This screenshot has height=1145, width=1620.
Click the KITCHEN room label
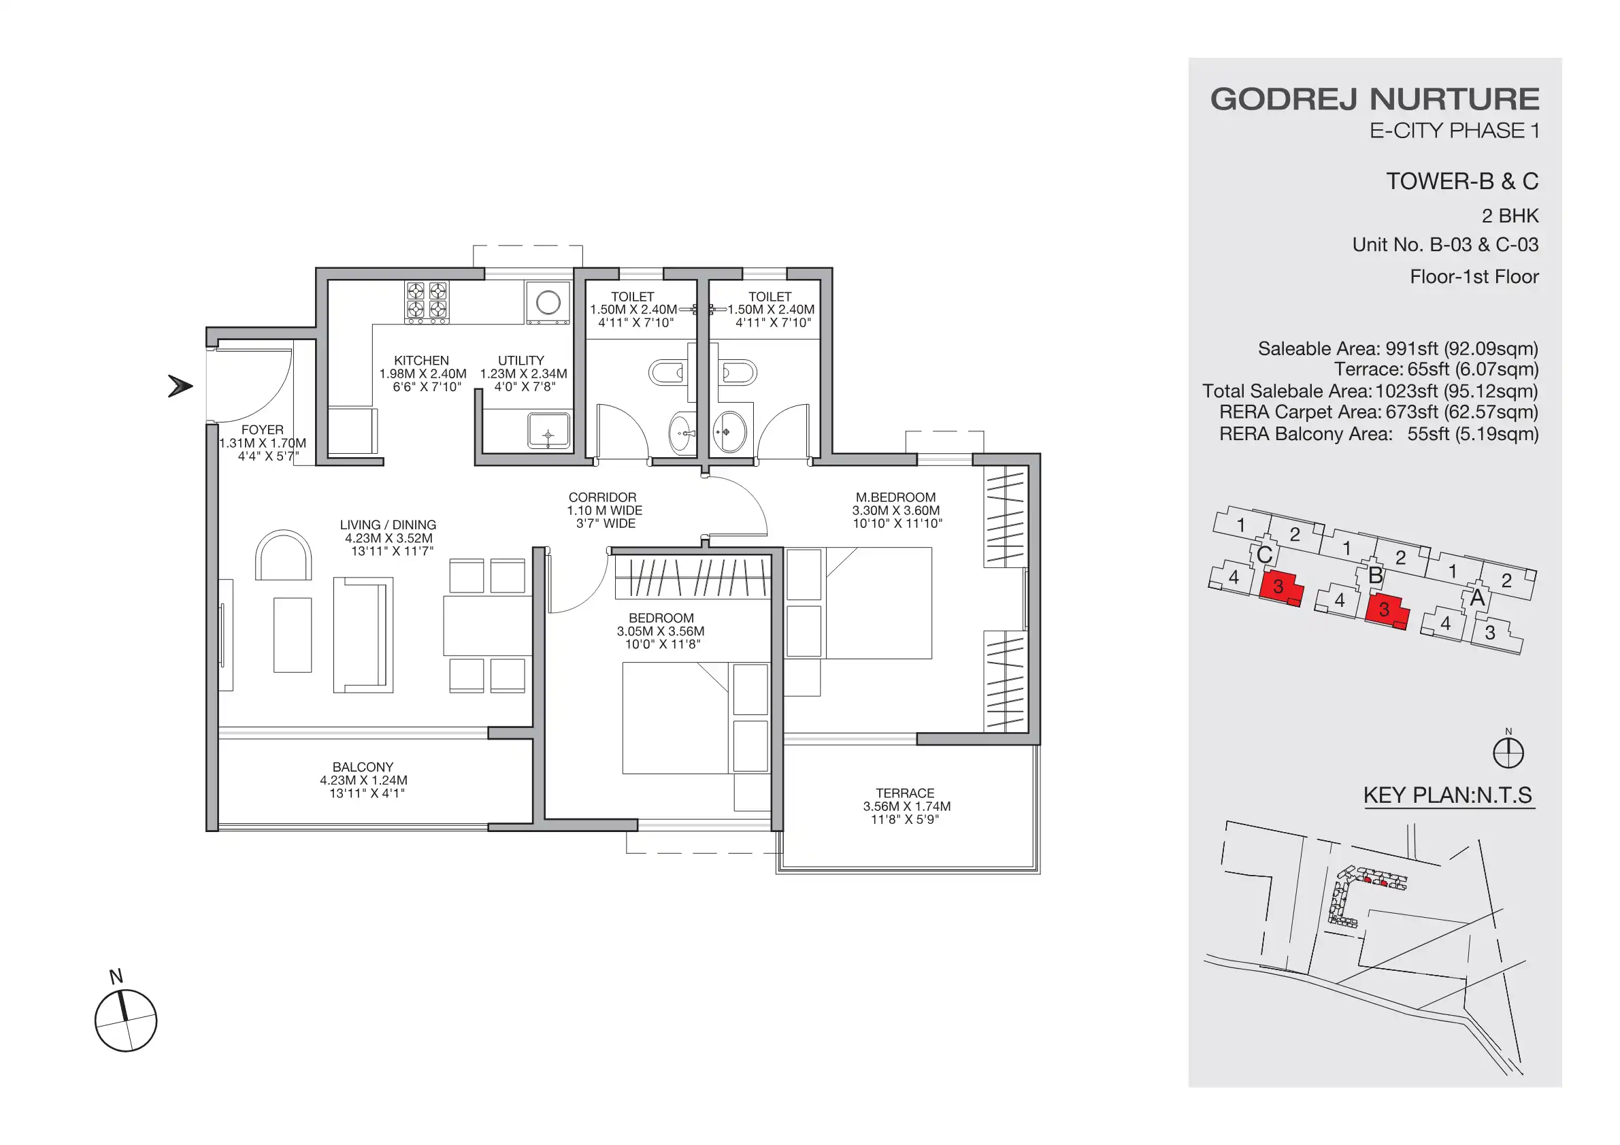[421, 361]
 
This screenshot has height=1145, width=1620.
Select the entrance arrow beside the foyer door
[180, 386]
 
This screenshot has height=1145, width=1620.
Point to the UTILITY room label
[520, 361]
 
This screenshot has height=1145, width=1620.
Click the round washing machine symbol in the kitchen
[548, 303]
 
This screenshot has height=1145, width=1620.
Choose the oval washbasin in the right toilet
[729, 431]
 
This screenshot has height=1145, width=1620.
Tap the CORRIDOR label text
[602, 497]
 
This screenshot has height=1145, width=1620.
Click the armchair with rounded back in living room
[283, 556]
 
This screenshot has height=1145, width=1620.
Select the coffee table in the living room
[292, 635]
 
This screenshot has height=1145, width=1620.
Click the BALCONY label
[363, 767]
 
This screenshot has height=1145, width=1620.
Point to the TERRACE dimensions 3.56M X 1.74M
[906, 806]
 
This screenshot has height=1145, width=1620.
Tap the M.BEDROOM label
[895, 497]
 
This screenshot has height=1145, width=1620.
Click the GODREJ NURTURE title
[1374, 99]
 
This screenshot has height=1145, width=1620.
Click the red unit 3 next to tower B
[1385, 610]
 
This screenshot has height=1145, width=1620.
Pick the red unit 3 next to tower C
[1278, 587]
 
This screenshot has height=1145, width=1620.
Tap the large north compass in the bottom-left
[126, 1020]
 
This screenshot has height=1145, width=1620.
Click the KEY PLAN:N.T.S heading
[1447, 795]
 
